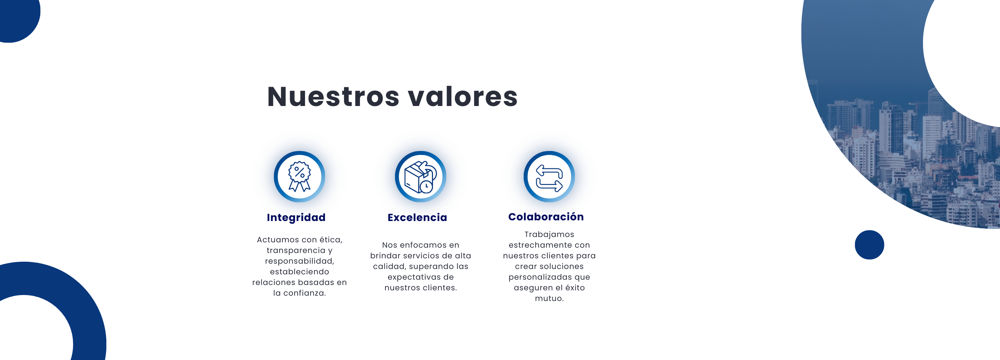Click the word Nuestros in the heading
point(333,96)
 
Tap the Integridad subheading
point(296,217)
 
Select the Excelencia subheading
point(417,217)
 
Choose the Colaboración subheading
point(546,216)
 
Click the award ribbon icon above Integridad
point(299,177)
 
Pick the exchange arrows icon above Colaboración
point(549,178)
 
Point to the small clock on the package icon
point(426,187)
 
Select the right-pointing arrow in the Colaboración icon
point(549,185)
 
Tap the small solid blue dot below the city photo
point(869,245)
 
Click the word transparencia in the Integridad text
point(296,250)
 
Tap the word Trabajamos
point(549,235)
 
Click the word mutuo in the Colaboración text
point(549,298)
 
